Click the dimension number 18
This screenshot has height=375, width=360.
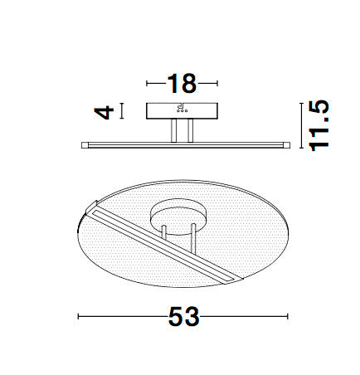click(181, 84)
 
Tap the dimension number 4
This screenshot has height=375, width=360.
click(103, 110)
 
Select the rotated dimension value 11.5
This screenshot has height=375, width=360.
click(319, 125)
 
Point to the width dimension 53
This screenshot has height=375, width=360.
click(182, 317)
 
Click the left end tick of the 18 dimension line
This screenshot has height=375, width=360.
click(147, 84)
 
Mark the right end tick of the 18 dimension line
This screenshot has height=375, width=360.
click(216, 84)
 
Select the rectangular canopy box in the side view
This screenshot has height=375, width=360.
click(181, 110)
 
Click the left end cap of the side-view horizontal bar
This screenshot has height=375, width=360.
click(83, 144)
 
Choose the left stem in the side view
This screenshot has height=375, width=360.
click(173, 131)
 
